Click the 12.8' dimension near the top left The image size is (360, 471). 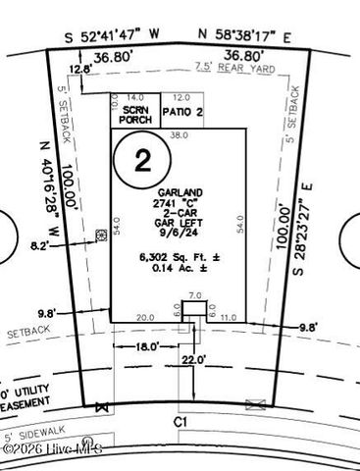[x=80, y=70]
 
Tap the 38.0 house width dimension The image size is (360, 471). [x=180, y=135]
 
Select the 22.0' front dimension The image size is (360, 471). [x=194, y=360]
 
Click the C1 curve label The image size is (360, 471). [x=180, y=420]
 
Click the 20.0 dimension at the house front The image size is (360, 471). [x=146, y=318]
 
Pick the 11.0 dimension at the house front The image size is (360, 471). [x=229, y=318]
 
